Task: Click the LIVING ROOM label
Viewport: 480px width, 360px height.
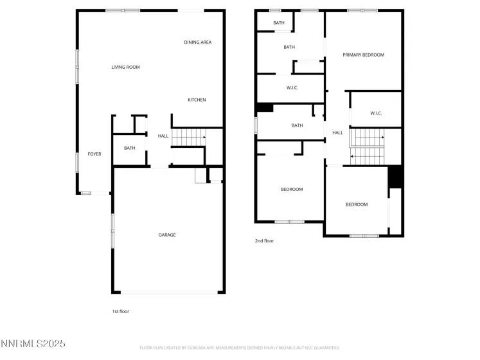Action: tap(125, 67)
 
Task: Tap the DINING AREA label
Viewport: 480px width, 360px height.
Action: tap(197, 42)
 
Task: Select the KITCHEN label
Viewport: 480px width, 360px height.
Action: tap(197, 100)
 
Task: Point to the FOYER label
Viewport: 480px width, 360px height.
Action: tap(94, 154)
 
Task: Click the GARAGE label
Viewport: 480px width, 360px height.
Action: tap(167, 235)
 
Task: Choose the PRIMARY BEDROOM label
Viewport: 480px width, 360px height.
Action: tap(363, 55)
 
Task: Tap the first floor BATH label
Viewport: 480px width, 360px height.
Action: tap(130, 148)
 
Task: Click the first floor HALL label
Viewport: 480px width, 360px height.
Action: tap(163, 136)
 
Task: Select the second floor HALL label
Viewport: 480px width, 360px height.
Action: tap(337, 133)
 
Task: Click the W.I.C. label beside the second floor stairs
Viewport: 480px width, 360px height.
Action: tap(376, 113)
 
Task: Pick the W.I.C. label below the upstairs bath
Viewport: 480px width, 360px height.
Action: tap(292, 87)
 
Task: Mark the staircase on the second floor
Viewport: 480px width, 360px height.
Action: tap(369, 147)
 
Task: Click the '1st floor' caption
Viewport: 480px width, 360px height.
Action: tap(121, 311)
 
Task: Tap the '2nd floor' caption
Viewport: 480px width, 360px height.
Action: tap(264, 241)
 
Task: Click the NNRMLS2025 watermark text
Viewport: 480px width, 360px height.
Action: tap(33, 344)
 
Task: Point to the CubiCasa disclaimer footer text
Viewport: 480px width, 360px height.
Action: tap(240, 348)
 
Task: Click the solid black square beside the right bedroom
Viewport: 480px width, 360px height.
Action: tap(395, 176)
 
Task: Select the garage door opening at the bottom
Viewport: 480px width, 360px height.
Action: tap(169, 292)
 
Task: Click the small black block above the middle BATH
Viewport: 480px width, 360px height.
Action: tap(264, 108)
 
